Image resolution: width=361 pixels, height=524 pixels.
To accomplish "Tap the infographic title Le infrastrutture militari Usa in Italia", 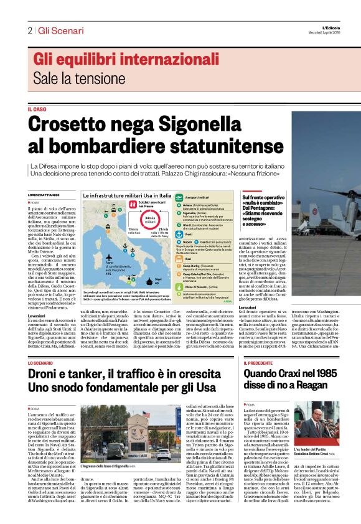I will [126, 195].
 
